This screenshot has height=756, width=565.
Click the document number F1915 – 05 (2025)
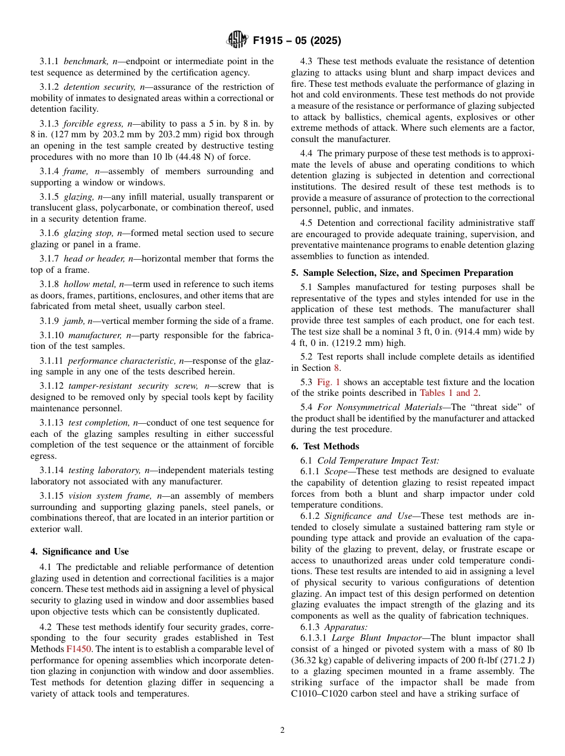(x=297, y=41)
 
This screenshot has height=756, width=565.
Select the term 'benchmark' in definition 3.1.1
(x=86, y=61)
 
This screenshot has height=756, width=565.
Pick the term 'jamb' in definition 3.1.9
(x=74, y=321)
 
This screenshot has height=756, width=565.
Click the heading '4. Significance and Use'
(x=80, y=552)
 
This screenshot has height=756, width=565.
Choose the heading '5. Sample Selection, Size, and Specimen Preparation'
(x=401, y=273)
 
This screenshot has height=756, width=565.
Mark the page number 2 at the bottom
(x=282, y=730)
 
